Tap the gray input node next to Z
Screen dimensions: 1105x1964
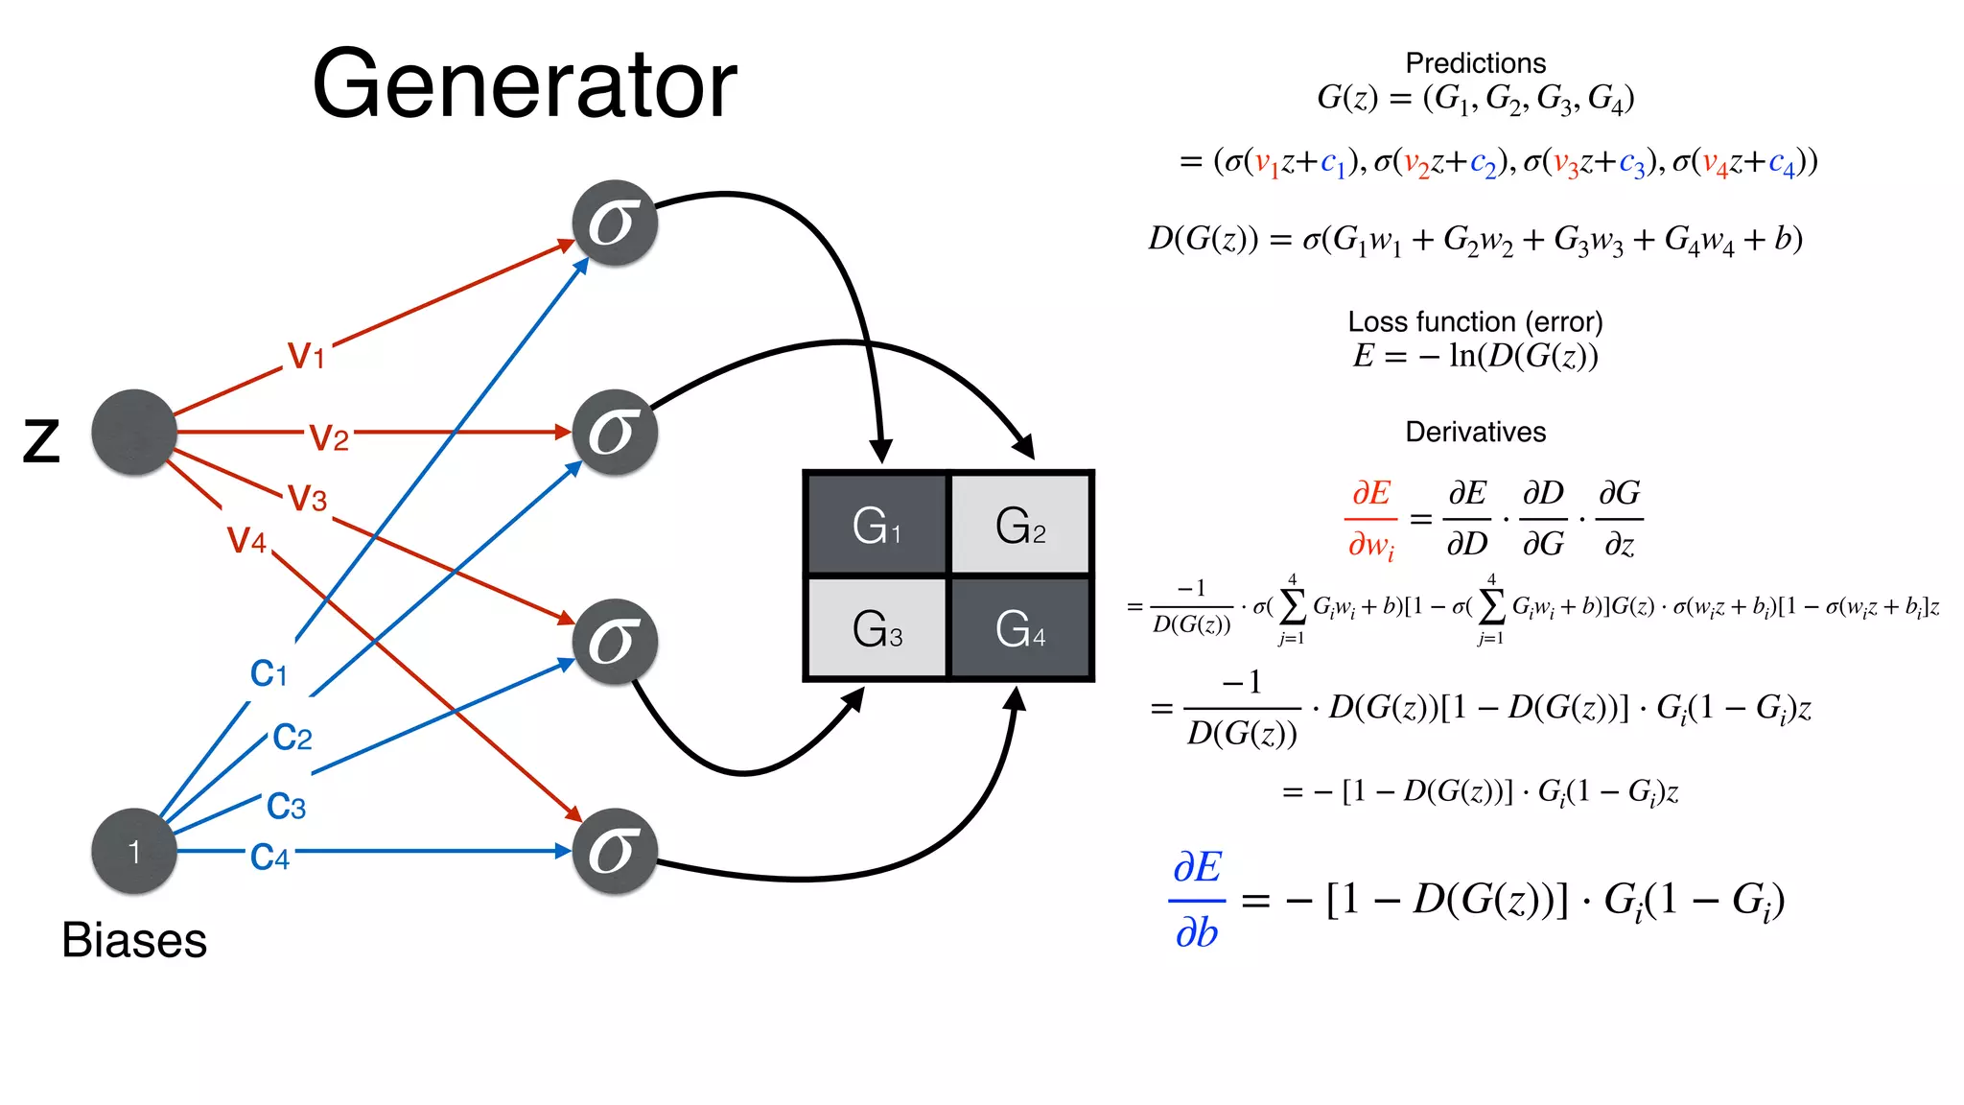point(134,432)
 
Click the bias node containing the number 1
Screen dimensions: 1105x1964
point(134,851)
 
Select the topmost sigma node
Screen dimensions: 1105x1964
point(615,223)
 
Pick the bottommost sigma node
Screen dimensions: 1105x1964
point(615,851)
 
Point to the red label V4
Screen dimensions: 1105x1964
point(246,540)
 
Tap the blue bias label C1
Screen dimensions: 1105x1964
point(269,673)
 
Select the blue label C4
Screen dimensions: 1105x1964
point(269,857)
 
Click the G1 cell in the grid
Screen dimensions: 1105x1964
point(877,525)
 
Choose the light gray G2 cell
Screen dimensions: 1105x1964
point(1020,525)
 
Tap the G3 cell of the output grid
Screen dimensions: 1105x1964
point(877,629)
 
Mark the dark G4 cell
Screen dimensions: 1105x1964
point(1020,629)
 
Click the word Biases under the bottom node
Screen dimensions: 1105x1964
point(134,940)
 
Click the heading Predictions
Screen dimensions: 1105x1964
point(1475,63)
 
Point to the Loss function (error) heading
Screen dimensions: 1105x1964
point(1475,321)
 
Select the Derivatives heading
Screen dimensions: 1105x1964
point(1475,432)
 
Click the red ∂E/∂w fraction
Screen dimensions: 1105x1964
point(1371,519)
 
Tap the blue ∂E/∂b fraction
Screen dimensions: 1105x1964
point(1197,900)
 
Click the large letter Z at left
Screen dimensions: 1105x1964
point(41,441)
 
